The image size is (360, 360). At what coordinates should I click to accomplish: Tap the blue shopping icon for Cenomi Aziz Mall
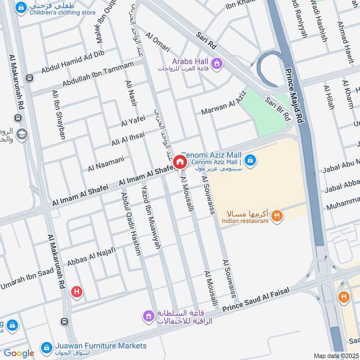[x=251, y=160]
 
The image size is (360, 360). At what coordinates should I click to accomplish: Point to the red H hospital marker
[x=77, y=292]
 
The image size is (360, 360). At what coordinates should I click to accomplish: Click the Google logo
[x=19, y=353]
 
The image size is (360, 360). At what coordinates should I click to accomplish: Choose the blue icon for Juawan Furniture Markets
[x=45, y=347]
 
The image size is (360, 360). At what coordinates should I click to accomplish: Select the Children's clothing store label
[x=63, y=13]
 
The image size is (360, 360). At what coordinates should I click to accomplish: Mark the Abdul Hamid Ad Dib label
[x=72, y=61]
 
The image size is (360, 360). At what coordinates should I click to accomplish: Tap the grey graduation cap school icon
[x=22, y=134]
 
